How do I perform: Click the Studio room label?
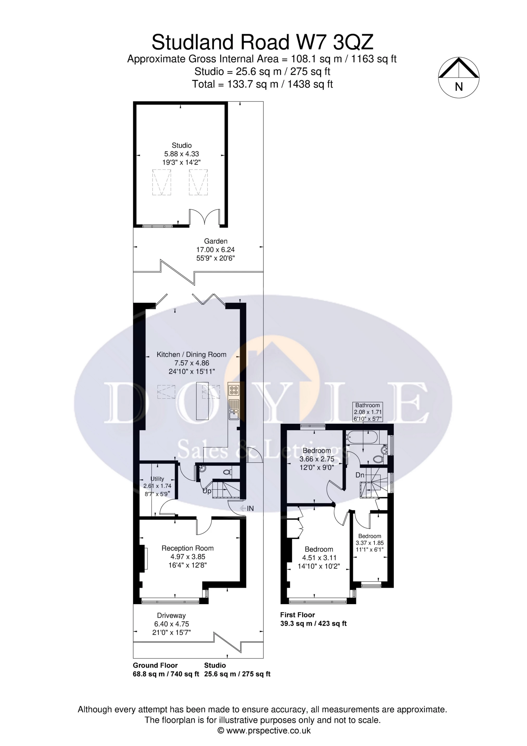tap(182, 145)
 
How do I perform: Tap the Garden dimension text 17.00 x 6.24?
tap(215, 250)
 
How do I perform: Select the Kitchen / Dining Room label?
tap(191, 355)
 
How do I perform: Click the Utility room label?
tap(157, 479)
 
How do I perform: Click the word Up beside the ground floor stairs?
tap(207, 491)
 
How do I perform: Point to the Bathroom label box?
tap(367, 412)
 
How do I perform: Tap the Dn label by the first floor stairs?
tap(360, 475)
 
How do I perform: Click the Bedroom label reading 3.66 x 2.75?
tap(317, 450)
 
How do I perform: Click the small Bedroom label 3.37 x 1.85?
tap(370, 536)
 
